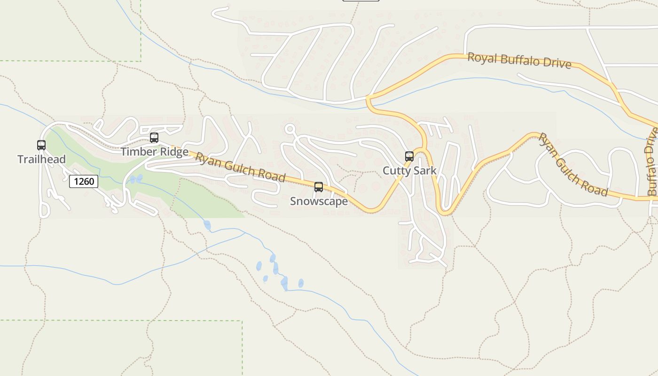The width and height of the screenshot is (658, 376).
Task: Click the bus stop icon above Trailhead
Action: click(41, 145)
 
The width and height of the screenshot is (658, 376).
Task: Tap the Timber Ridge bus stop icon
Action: click(154, 138)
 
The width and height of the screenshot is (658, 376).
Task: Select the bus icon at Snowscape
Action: click(319, 187)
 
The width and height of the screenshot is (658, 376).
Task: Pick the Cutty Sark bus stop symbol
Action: click(409, 157)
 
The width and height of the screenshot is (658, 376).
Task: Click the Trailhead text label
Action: click(41, 159)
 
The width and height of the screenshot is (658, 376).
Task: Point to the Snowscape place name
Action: click(319, 201)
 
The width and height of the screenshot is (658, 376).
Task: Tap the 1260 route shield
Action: click(84, 181)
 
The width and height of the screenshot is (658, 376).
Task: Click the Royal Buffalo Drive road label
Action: click(519, 61)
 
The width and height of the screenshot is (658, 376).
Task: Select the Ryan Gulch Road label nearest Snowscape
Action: click(240, 167)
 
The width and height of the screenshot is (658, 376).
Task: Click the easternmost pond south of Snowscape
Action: click(301, 283)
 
